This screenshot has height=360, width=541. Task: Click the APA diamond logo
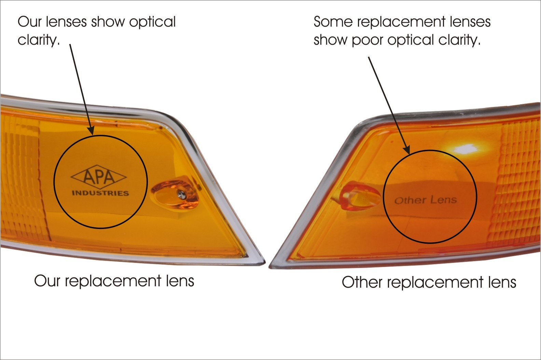click(x=99, y=177)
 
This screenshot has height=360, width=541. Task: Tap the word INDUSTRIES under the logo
click(x=100, y=193)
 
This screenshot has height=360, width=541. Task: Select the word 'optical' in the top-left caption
click(x=152, y=22)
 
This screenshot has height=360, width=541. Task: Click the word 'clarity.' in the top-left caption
click(x=39, y=40)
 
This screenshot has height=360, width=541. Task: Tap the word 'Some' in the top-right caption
click(x=333, y=22)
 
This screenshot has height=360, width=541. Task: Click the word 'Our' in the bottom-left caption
click(x=47, y=281)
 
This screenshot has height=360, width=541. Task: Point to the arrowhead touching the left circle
click(x=91, y=131)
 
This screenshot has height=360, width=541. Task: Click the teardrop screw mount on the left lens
click(x=175, y=194)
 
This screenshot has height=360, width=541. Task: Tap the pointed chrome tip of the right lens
click(x=270, y=266)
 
